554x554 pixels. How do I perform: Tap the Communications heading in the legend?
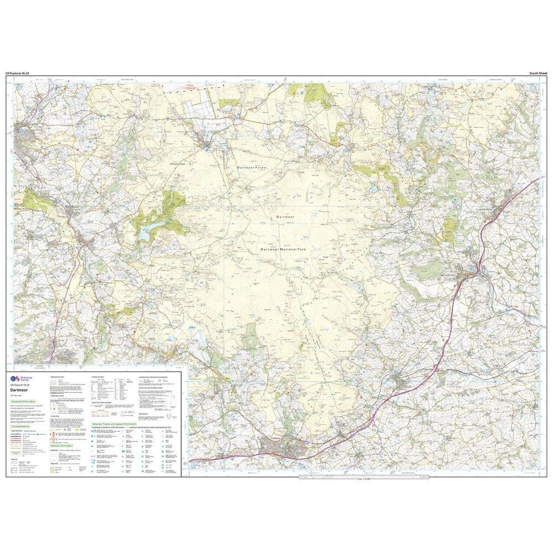pyautogui.click(x=24, y=427)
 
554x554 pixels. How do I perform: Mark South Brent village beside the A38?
pyautogui.click(x=400, y=381)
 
